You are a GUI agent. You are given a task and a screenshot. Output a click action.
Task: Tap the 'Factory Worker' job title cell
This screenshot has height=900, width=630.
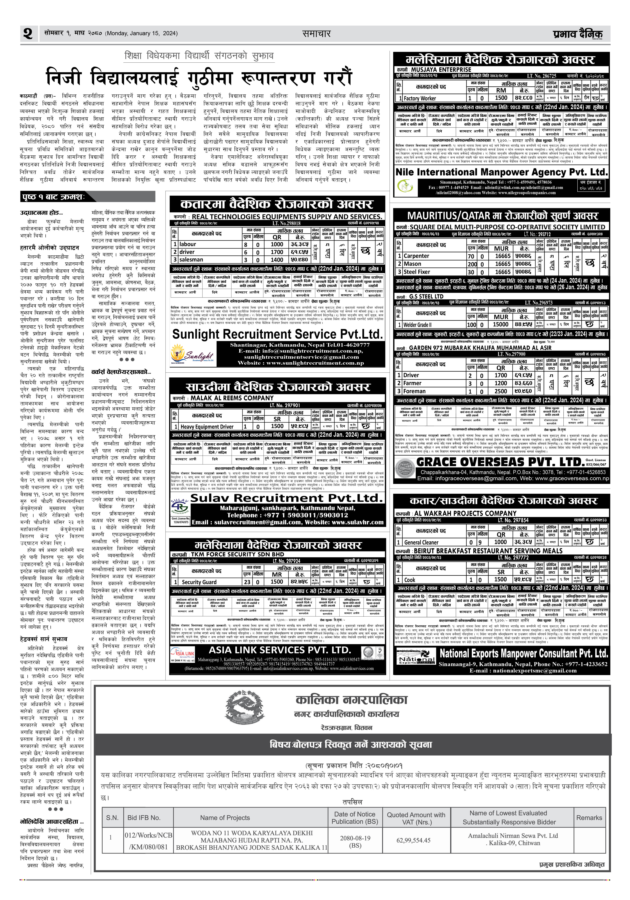point(420,98)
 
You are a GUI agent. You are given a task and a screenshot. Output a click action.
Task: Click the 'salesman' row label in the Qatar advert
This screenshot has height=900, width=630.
point(191,260)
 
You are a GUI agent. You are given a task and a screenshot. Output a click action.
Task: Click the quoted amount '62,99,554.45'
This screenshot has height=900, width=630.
point(413,840)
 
